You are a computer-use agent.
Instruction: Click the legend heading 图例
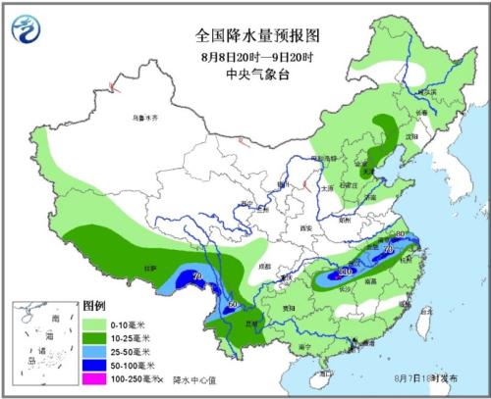click(93, 306)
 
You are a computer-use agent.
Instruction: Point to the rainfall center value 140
click(344, 271)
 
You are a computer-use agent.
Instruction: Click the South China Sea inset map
click(43, 342)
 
